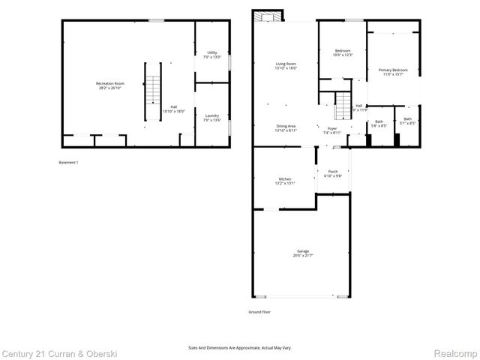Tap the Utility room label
tap(212, 54)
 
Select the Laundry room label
tap(212, 117)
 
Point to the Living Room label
tap(286, 66)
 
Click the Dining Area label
tap(286, 128)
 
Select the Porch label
tap(333, 173)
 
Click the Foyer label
tap(331, 130)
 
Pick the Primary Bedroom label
tap(393, 71)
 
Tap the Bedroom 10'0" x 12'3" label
tap(343, 52)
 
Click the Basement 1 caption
tap(68, 163)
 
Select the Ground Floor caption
tap(259, 311)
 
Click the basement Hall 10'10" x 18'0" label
tap(174, 109)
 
